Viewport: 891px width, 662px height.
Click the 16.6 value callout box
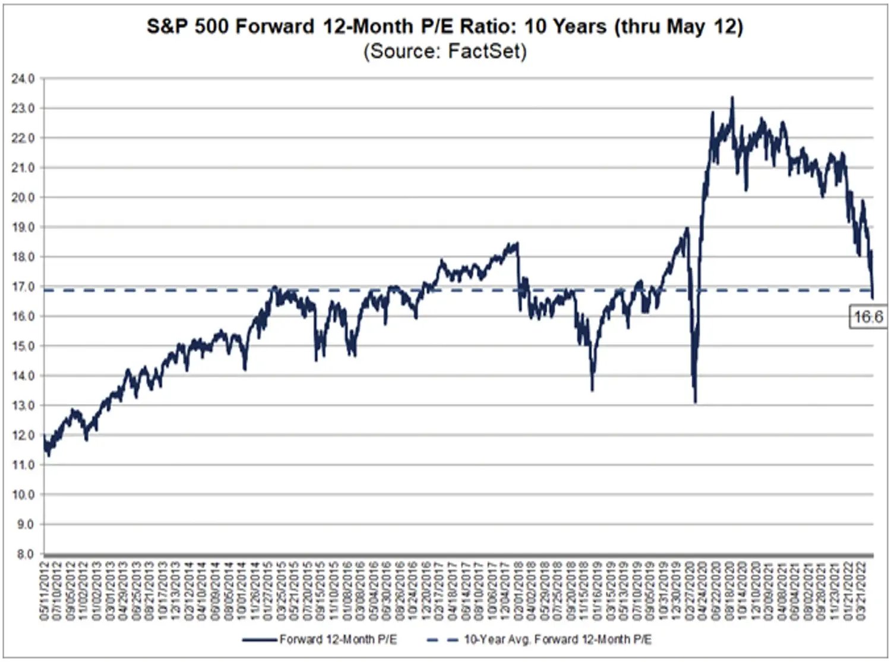pos(868,317)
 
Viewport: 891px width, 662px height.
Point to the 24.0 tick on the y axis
pos(23,78)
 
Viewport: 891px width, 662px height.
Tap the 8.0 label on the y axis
pos(25,554)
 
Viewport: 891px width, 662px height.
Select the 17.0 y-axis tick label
pos(23,287)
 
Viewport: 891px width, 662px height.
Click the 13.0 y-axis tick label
pos(23,406)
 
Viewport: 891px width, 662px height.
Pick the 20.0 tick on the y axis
pos(23,197)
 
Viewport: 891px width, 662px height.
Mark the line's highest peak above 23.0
pos(732,97)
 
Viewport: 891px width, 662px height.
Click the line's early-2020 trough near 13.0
pos(695,402)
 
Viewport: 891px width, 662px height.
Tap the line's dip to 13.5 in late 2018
pos(592,390)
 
